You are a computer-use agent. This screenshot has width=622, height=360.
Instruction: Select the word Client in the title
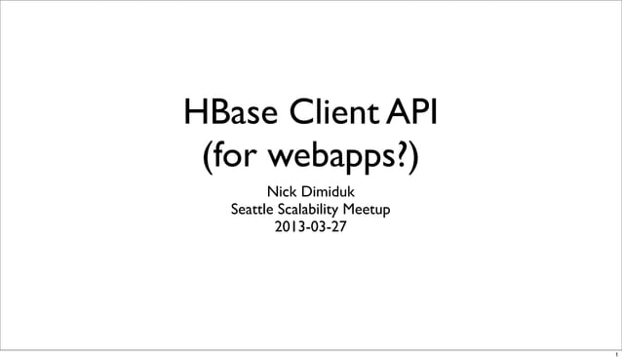pyautogui.click(x=332, y=114)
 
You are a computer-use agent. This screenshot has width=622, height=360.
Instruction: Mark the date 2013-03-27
pyautogui.click(x=310, y=229)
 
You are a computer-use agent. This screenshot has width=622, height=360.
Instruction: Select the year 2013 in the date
pyautogui.click(x=286, y=229)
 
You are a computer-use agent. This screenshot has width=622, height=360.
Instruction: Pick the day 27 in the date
pyautogui.click(x=337, y=229)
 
